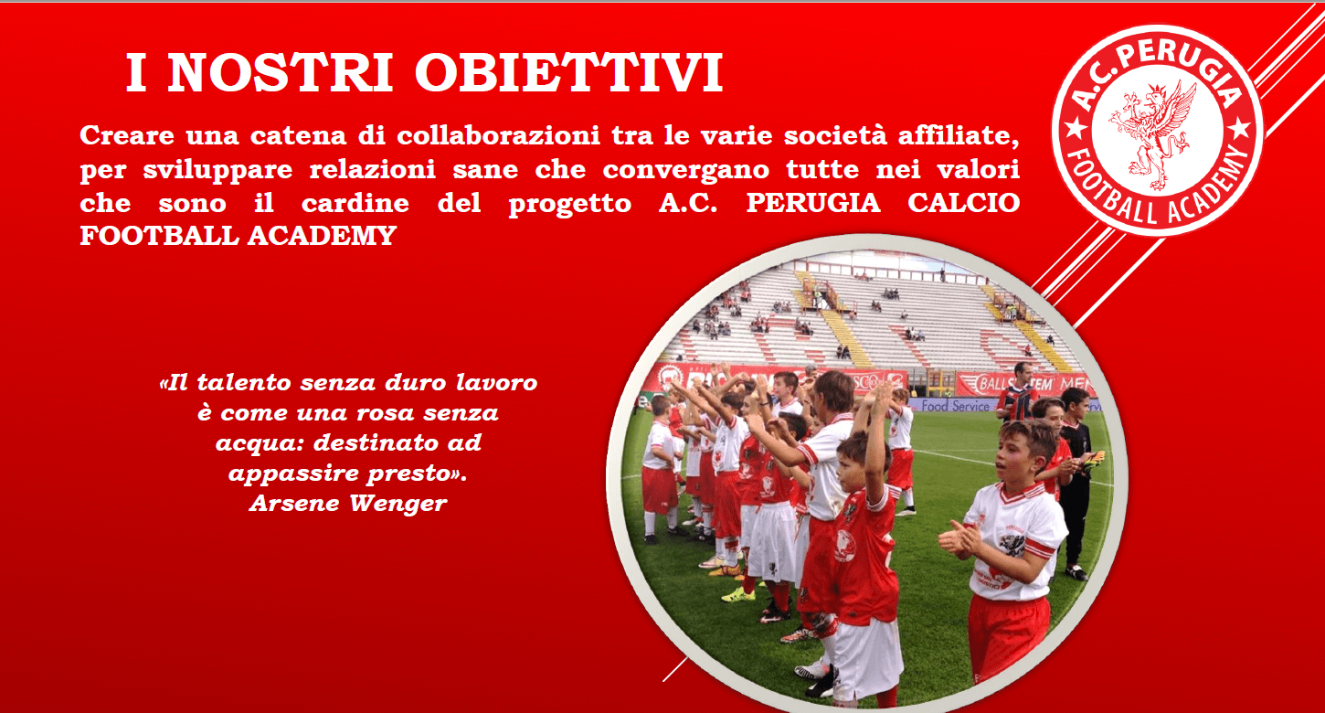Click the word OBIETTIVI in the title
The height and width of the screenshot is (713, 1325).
tap(568, 73)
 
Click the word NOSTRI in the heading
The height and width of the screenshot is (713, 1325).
tap(280, 73)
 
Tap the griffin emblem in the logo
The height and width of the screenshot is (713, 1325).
tap(1153, 135)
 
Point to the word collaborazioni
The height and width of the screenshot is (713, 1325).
tap(499, 135)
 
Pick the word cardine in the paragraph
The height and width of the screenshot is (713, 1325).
tap(355, 203)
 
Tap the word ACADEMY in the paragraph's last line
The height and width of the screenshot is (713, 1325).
tap(322, 236)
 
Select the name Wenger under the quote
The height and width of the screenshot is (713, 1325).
tap(397, 505)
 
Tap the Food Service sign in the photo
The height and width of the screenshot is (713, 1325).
tap(955, 406)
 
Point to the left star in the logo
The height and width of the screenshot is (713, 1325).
tap(1076, 127)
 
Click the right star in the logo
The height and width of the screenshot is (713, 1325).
tap(1240, 128)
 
